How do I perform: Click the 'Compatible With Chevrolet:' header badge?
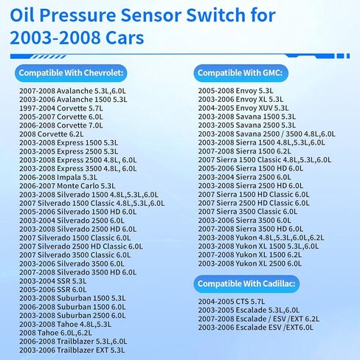coord(71,73)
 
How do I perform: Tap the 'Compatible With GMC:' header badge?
coord(240,73)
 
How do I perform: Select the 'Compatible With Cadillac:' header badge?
coord(246,284)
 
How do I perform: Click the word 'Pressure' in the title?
coord(77,15)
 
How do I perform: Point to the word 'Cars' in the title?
coord(125,38)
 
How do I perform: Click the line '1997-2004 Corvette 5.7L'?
coord(61,108)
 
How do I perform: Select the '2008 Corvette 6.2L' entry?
coord(52,134)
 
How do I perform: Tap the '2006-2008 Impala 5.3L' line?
coord(58,177)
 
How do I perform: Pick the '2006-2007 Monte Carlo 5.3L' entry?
coord(67,186)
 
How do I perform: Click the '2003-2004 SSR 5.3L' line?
coord(53,281)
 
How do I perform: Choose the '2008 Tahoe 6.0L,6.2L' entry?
coord(55,333)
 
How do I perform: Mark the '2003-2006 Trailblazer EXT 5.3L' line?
coord(72,350)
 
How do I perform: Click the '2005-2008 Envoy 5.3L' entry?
coord(236,91)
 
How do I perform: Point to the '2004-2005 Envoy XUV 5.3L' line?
coord(243,108)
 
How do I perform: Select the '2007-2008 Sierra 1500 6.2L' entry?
coord(244,151)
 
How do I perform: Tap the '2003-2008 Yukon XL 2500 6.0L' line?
coord(250,263)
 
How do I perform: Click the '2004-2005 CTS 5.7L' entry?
coord(232,302)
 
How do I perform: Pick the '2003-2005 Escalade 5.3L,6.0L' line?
coord(249,310)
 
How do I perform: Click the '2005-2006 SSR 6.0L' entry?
coord(53,290)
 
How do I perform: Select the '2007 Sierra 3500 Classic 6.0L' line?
coord(248,212)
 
